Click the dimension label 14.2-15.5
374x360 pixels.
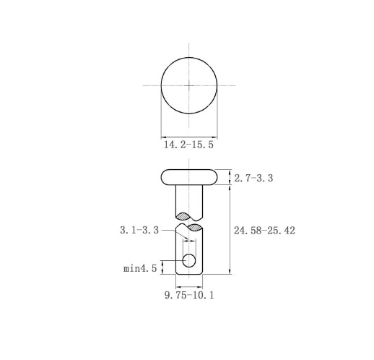[x=188, y=145]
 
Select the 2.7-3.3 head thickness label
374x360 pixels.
[x=253, y=179]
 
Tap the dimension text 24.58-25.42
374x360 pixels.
[x=264, y=231]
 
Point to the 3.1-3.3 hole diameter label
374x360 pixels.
[x=139, y=230]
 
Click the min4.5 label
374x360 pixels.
[x=140, y=268]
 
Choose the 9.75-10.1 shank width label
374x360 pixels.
[x=189, y=295]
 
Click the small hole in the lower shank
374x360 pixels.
[x=189, y=260]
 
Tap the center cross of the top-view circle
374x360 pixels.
[x=189, y=85]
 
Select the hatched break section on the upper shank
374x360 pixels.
[x=183, y=216]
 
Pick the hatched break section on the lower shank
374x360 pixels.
[x=195, y=227]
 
